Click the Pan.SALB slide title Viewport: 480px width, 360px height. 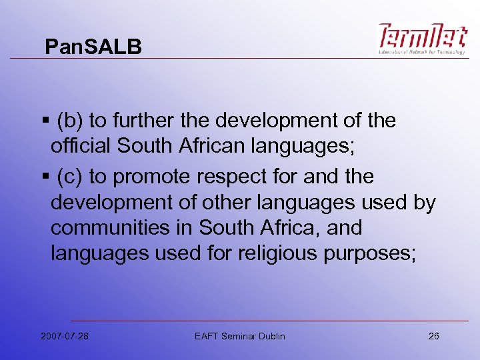(93, 47)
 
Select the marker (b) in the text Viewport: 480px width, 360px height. (70, 121)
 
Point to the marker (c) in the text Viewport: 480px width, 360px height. (70, 177)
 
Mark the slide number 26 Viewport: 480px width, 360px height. (433, 336)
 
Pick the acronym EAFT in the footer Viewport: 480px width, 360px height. (205, 336)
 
